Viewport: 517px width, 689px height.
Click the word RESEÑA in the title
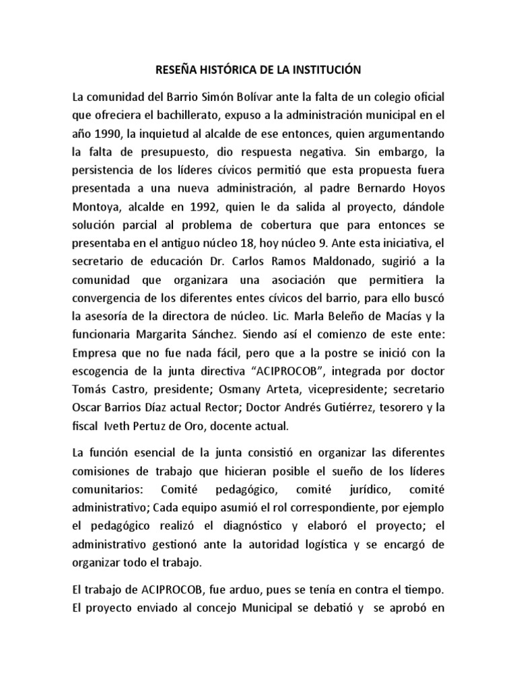pyautogui.click(x=178, y=69)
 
